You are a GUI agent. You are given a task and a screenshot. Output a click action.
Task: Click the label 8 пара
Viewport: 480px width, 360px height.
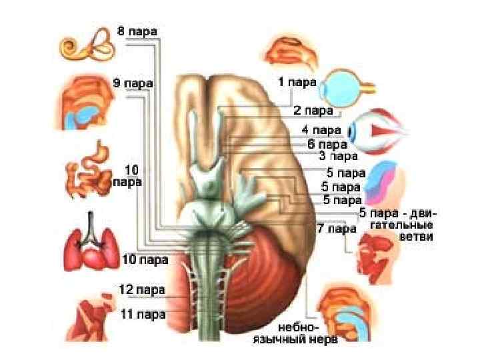coord(137,31)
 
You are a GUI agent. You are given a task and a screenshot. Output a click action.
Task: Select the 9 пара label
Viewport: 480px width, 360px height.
coord(133,83)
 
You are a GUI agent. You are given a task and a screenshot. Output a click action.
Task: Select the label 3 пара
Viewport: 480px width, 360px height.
coord(338,157)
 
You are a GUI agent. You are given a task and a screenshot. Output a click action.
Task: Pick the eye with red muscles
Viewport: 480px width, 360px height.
coord(375,131)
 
